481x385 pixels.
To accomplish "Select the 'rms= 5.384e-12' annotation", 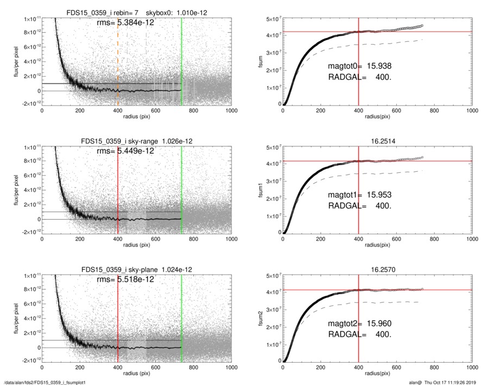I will pyautogui.click(x=125, y=23).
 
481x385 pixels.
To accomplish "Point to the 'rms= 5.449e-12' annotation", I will pyautogui.click(x=125, y=151).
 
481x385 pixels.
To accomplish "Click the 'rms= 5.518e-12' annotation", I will pyautogui.click(x=125, y=279).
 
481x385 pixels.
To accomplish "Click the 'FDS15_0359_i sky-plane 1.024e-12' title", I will pyautogui.click(x=136, y=269).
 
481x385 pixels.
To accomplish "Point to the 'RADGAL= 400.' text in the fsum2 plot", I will pyautogui.click(x=360, y=334).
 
